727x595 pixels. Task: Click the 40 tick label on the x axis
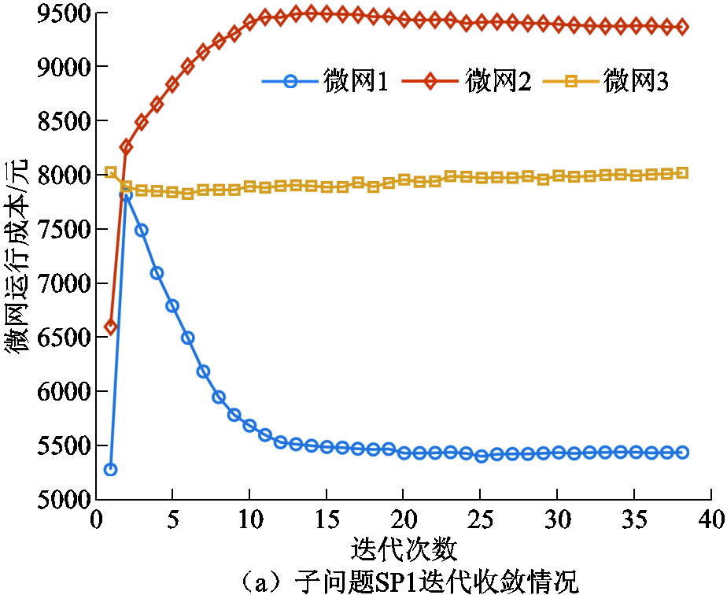[710, 520]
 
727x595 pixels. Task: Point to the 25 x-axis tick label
[480, 520]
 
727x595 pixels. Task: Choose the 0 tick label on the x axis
[96, 520]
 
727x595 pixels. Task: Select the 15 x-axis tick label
[327, 520]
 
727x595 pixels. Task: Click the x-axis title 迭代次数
[403, 547]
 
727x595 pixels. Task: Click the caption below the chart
[403, 580]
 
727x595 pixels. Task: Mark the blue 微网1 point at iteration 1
[111, 469]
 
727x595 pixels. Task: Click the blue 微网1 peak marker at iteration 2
[126, 195]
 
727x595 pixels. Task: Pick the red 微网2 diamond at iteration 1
[111, 326]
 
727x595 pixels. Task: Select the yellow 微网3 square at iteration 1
[111, 172]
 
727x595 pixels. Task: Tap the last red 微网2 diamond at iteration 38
[681, 27]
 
